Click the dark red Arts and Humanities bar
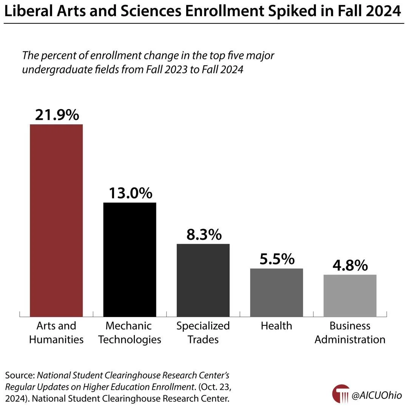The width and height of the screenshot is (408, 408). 56,220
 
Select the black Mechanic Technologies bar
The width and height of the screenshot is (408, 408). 130,259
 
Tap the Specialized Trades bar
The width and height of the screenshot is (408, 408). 203,280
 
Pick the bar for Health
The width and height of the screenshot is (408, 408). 277,292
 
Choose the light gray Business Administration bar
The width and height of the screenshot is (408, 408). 350,295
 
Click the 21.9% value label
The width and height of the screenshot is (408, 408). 57,115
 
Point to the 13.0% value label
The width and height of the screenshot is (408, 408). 130,193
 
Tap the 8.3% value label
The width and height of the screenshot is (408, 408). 204,235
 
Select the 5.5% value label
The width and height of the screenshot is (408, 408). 277,259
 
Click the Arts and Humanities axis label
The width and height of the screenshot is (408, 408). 56,332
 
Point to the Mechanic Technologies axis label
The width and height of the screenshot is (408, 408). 130,332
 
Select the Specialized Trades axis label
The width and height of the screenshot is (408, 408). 203,332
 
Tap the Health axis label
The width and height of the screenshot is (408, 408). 277,326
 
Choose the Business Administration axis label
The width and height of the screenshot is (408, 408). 350,332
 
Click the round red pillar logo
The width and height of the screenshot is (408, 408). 341,394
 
